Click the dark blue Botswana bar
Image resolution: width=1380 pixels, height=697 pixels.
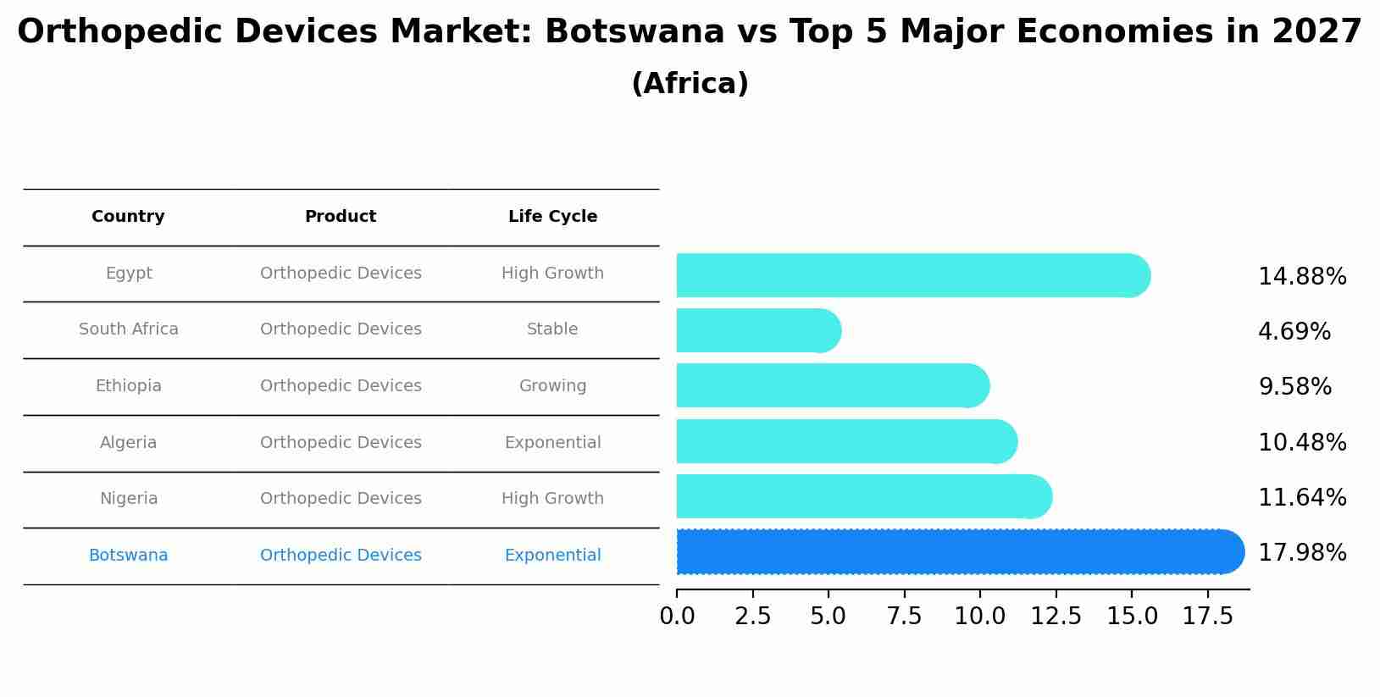point(957,552)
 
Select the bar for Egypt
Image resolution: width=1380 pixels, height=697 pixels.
point(911,275)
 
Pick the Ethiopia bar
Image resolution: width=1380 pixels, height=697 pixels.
point(830,386)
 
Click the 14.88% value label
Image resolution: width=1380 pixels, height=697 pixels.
point(1302,277)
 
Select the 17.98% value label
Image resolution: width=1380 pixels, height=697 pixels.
point(1302,553)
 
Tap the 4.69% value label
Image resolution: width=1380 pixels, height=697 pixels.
point(1294,332)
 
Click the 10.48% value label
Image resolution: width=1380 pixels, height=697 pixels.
point(1302,443)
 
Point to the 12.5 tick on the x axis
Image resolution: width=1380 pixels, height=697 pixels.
point(1056,617)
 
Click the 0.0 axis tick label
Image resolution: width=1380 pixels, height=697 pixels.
point(677,617)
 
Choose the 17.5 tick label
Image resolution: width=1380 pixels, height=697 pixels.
point(1207,617)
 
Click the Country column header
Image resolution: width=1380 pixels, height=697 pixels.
point(128,217)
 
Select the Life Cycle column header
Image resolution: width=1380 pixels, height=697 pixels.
point(552,217)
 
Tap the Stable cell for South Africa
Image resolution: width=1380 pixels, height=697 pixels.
point(552,329)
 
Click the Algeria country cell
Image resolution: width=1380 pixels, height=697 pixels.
point(128,443)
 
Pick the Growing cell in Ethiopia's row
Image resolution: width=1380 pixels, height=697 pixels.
point(552,386)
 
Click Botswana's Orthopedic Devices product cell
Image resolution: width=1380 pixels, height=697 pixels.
point(341,556)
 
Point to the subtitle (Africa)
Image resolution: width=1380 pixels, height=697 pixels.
point(690,84)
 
